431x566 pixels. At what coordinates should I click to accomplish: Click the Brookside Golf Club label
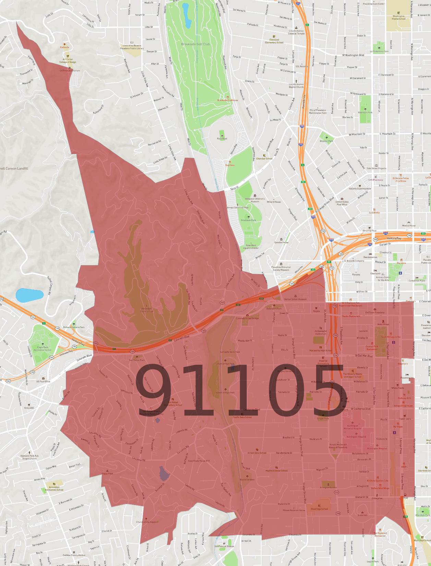point(195,44)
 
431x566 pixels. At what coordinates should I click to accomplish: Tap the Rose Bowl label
point(222,138)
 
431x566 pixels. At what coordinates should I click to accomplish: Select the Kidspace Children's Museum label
point(255,200)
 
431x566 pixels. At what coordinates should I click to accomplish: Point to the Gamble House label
point(281,242)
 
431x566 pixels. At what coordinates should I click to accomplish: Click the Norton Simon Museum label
point(295,299)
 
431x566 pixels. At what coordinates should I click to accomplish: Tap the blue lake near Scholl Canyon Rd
point(29,295)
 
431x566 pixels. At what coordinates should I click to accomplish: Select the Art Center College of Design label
point(68,61)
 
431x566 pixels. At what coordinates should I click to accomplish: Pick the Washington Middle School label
point(398,18)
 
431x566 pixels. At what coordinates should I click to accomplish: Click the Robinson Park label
point(365,112)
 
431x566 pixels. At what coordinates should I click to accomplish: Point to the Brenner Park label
point(326,141)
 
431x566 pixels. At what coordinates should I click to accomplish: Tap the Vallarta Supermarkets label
point(360,189)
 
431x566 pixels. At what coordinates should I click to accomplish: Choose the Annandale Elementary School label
point(54,488)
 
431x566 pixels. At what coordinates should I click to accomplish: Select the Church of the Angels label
point(146,522)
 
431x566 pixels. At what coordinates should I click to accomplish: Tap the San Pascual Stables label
point(224,546)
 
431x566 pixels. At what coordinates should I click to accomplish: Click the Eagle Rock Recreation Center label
point(43,350)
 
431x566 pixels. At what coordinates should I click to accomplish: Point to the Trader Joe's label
point(405,419)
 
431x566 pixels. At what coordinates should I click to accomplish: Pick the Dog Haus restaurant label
point(230,165)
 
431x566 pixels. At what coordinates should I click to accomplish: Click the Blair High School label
point(422,540)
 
